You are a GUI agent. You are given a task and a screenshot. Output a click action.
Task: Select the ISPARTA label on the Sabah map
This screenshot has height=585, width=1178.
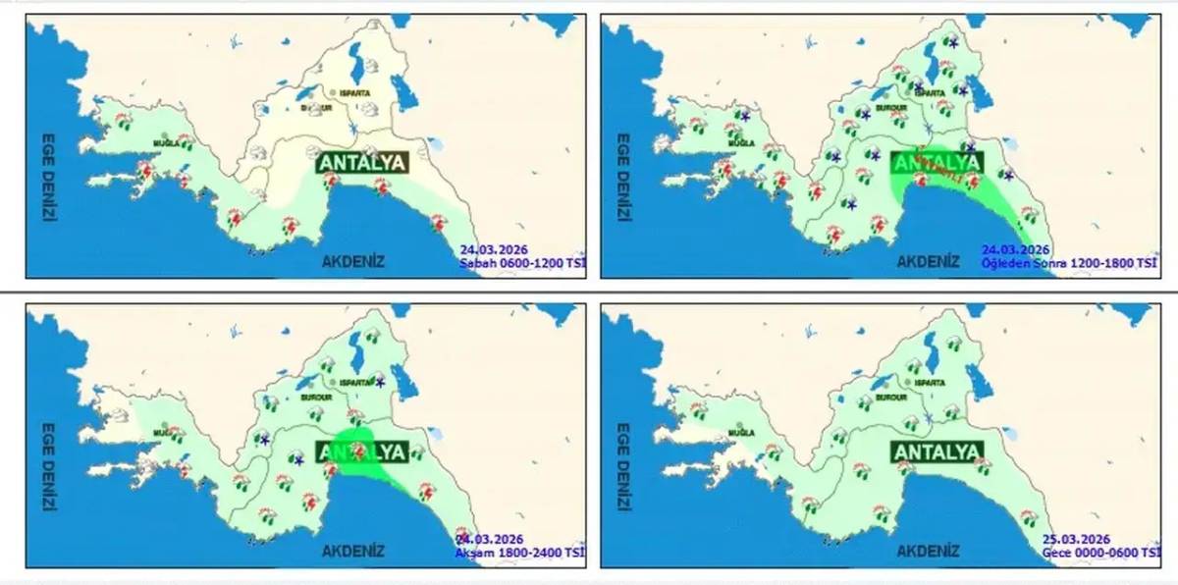(x=354, y=93)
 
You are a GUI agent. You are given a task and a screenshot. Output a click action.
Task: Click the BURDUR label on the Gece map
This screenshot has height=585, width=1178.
(x=889, y=399)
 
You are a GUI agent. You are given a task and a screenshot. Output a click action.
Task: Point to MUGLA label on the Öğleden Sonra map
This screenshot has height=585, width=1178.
(x=739, y=142)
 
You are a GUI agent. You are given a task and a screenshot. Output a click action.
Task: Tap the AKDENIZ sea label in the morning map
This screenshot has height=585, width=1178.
(x=352, y=261)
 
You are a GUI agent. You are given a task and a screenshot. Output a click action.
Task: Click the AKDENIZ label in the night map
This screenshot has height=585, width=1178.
(x=928, y=551)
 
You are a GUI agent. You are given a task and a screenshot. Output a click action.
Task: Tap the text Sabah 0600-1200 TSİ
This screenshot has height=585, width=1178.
(x=522, y=263)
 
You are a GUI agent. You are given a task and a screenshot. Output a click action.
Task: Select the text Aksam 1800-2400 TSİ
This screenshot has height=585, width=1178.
(x=519, y=553)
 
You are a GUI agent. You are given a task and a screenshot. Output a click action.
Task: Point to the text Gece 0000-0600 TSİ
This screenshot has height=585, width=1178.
(x=1100, y=553)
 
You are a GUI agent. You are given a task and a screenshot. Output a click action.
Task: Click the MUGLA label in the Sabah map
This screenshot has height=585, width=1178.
(x=164, y=143)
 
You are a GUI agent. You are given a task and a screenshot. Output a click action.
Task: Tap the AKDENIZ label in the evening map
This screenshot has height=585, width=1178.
(x=352, y=551)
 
